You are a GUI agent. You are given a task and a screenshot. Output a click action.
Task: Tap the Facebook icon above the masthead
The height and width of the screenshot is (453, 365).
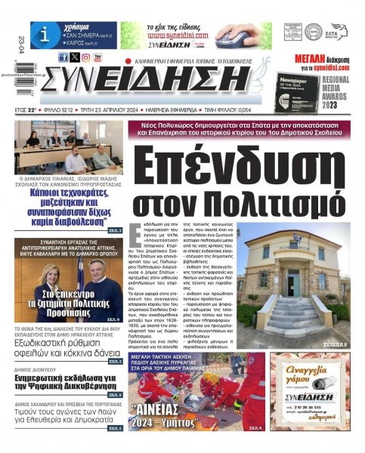point(63,57)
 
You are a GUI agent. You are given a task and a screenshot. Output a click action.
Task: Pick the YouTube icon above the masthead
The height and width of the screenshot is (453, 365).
point(99,57)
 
